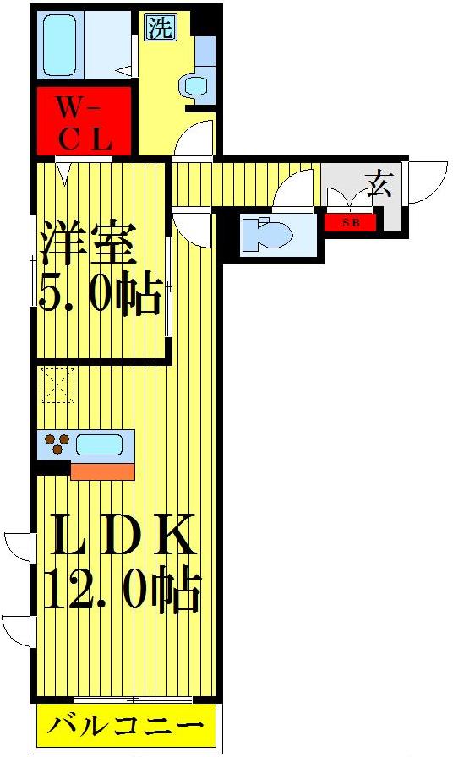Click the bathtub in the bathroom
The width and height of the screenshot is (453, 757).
62,45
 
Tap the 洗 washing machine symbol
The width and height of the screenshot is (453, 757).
161,28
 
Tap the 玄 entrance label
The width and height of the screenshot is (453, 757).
379,182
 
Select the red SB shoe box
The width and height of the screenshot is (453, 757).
350,222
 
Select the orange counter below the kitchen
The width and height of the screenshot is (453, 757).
102,471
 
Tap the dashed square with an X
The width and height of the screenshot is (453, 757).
57,384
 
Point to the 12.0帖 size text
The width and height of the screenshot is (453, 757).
122,591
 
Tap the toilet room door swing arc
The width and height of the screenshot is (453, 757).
296,188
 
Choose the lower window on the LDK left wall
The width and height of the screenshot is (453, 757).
17,629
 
